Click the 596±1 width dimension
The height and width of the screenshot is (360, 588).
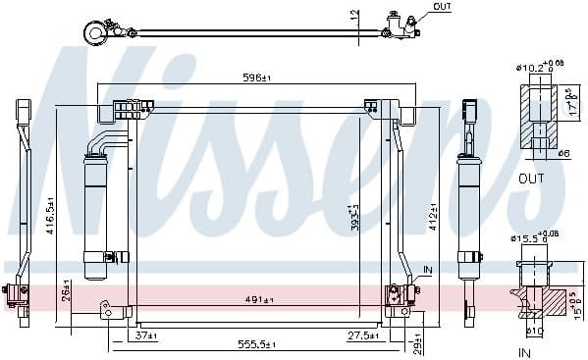tap(258, 77)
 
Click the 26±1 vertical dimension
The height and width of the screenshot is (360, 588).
tap(66, 291)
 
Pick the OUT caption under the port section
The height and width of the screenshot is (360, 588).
tap(530, 180)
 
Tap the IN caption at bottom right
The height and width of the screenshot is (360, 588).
tap(523, 350)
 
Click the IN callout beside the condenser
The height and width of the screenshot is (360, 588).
tap(427, 269)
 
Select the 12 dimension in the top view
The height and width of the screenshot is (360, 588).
tap(354, 15)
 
